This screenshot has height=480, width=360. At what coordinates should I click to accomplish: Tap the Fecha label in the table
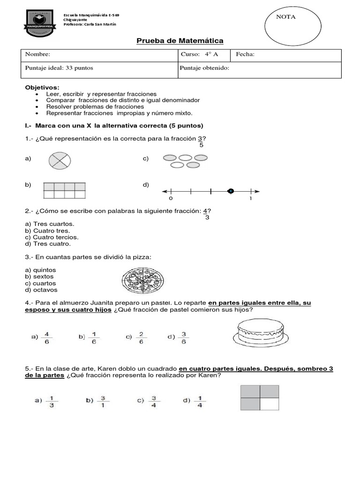pos(245,54)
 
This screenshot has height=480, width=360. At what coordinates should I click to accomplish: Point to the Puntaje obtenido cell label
pos(204,68)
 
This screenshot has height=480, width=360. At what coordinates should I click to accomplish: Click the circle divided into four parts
pos(60,161)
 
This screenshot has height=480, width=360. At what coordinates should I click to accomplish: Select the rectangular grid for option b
pos(65,191)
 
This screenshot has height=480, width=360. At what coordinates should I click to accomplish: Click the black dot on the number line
pos(230,191)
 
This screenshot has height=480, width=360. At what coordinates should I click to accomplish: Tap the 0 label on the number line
pos(171,199)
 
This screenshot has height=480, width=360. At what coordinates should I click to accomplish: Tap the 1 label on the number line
pos(250,199)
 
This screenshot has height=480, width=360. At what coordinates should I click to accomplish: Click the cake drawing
pos(260,334)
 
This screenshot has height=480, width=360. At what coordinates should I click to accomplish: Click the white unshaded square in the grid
pos(269,404)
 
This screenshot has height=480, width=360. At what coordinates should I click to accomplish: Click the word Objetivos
pos(42,87)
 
